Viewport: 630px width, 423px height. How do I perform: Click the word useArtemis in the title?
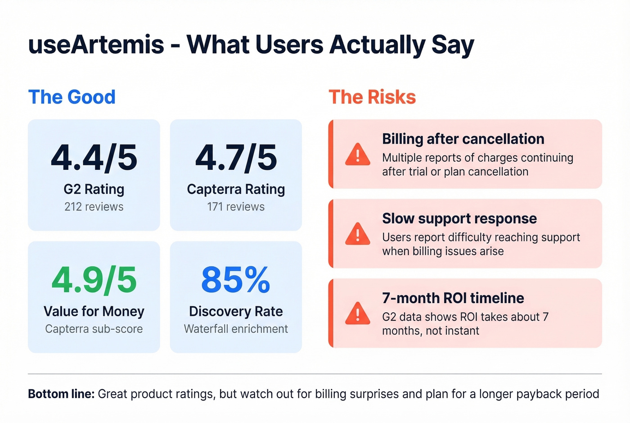96,45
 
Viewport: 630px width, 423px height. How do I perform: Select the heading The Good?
72,97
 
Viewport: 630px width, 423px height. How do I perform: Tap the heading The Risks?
372,97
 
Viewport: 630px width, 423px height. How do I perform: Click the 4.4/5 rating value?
94,158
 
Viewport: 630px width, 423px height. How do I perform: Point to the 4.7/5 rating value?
236,158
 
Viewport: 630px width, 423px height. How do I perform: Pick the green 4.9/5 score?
94,280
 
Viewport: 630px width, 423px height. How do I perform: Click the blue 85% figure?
236,280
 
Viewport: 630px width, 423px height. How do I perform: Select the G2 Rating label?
94,189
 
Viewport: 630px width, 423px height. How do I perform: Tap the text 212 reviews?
94,207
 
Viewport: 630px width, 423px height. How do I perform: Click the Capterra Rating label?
236,189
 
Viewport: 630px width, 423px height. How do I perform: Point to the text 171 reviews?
236,207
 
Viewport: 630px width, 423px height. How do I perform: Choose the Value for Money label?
94,311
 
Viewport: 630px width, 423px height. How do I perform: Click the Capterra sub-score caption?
94,329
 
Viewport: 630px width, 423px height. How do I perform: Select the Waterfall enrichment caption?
236,329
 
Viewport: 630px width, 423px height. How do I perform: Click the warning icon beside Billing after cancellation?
358,155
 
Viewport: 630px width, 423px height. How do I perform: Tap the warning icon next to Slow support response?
358,234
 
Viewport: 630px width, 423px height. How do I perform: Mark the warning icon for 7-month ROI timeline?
358,314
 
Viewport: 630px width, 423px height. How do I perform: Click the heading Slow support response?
459,218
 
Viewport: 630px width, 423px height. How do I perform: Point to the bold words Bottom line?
61,394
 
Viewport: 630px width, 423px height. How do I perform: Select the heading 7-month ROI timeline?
453,298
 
